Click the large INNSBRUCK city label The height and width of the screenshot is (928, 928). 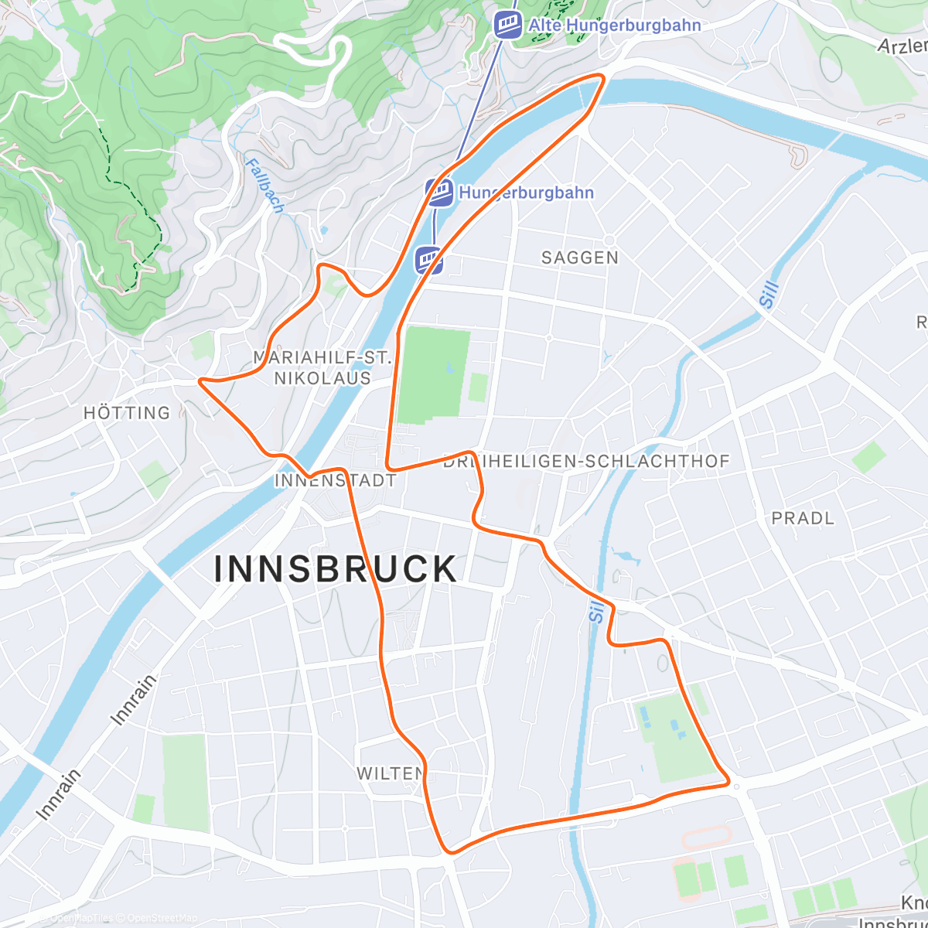pos(336,569)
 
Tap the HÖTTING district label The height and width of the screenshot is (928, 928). pos(127,413)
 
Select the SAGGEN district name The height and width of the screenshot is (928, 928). pos(580,258)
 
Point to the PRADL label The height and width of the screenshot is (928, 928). pos(803,518)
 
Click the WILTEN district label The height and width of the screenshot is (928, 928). pos(390,773)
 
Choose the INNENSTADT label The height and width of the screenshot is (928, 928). pos(335,480)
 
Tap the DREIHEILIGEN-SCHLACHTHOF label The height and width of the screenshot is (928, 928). pos(586,462)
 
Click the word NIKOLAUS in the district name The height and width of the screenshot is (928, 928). pos(322,378)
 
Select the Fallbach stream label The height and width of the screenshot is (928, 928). pos(264,186)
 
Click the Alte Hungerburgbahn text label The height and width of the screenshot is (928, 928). pos(615,26)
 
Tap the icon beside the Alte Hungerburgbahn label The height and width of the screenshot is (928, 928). pos(508,24)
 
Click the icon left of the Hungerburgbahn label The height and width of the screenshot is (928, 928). pos(440,193)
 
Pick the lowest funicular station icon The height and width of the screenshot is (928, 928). pos(429,260)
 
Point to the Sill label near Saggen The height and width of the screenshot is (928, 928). pos(768,295)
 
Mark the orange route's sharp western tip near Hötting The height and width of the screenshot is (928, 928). pos(200,380)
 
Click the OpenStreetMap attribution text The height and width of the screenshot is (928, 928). pos(162,918)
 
